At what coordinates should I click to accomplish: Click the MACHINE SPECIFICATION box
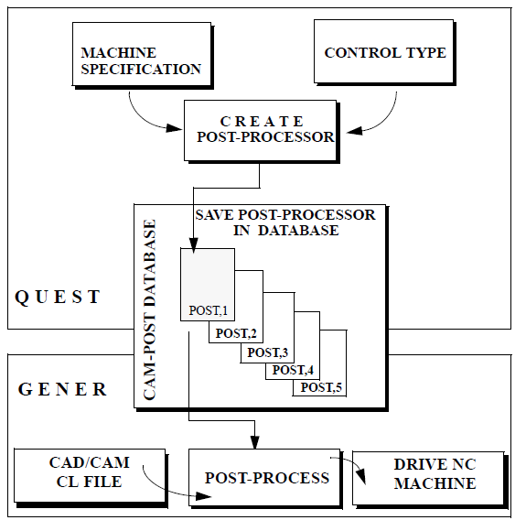(x=142, y=55)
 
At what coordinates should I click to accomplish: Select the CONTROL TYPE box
(x=384, y=52)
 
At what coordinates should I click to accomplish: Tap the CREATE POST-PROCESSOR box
(x=261, y=131)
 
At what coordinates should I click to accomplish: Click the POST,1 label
(x=208, y=310)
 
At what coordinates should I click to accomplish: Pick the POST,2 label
(x=236, y=333)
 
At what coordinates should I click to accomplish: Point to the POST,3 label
(x=267, y=352)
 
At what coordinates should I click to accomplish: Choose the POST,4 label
(x=293, y=370)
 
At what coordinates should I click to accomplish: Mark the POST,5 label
(x=321, y=387)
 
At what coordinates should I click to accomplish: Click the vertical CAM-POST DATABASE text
(x=150, y=309)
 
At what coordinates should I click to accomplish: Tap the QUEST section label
(x=58, y=297)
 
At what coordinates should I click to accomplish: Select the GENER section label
(x=62, y=389)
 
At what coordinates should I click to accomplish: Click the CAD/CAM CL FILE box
(x=91, y=478)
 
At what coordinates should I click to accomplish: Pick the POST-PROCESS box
(x=265, y=479)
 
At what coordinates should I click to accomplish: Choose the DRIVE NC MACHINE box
(x=430, y=480)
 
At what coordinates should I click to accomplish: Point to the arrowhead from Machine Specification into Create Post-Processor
(x=175, y=128)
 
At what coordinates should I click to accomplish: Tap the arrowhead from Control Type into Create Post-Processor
(x=354, y=131)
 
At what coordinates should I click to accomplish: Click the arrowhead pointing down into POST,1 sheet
(x=193, y=245)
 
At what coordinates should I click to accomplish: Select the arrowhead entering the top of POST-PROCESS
(x=255, y=442)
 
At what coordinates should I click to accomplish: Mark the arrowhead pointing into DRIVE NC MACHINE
(x=362, y=477)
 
